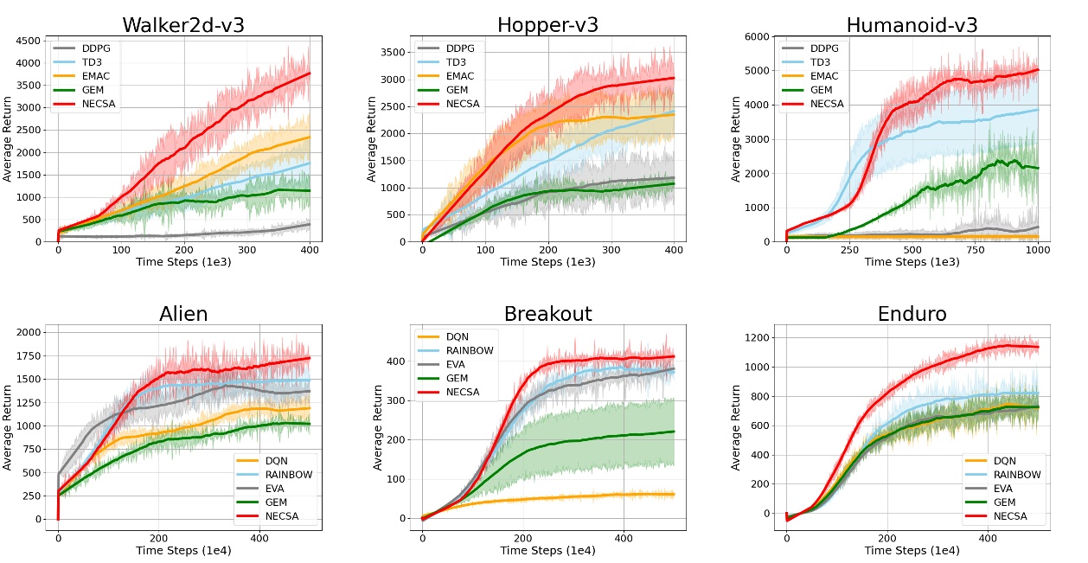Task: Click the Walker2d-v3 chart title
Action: coord(183,24)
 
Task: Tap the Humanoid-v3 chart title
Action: coord(912,24)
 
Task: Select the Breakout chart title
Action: coord(547,313)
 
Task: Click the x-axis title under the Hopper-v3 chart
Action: coord(547,262)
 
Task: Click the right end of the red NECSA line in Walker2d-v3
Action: coord(310,74)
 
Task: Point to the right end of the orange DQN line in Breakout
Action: coord(674,495)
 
